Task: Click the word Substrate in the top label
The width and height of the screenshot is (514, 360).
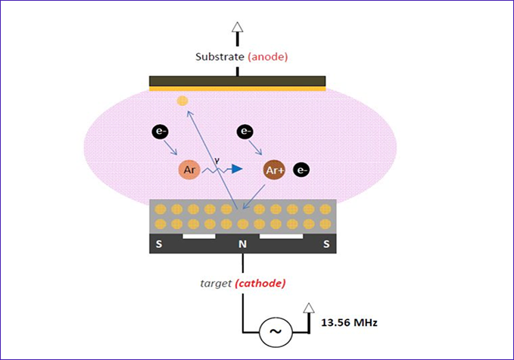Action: point(219,57)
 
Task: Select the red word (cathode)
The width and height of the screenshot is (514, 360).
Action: point(261,283)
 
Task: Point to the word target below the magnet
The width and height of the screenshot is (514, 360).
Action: point(216,283)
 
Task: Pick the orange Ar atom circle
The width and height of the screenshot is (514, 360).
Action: point(189,169)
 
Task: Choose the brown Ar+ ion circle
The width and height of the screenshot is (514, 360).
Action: point(274,170)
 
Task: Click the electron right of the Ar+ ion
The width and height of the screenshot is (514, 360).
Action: point(301,170)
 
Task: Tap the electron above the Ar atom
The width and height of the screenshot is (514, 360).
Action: point(160,133)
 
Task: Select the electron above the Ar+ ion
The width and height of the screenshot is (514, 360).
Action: point(245,132)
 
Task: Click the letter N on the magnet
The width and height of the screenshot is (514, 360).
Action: point(244,244)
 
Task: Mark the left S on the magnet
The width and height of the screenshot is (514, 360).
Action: point(158,244)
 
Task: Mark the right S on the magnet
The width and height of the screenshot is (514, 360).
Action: point(326,244)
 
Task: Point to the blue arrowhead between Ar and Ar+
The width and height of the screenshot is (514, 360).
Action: point(238,169)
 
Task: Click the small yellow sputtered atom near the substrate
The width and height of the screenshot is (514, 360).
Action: point(182,101)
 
